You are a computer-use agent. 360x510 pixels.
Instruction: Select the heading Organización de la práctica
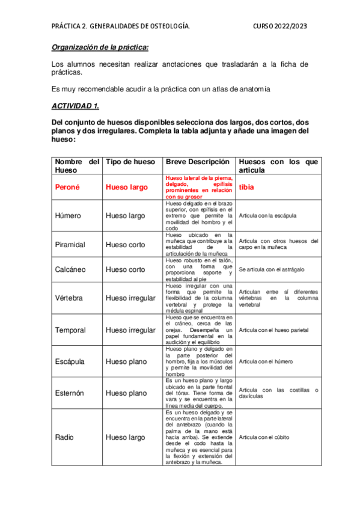(x=100, y=48)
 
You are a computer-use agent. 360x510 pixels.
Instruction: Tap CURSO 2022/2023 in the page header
(x=279, y=26)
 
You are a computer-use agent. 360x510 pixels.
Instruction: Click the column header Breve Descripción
(x=197, y=162)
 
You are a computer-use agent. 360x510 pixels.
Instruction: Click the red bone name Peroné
(x=67, y=187)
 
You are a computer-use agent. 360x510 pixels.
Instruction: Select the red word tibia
(x=246, y=187)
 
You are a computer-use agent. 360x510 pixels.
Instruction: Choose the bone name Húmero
(x=69, y=215)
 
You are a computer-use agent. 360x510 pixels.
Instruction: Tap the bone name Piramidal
(x=70, y=245)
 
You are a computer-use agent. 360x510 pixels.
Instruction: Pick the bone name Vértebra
(x=69, y=298)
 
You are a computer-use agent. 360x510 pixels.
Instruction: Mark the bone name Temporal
(x=70, y=330)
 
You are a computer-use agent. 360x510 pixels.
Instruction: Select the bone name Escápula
(x=70, y=362)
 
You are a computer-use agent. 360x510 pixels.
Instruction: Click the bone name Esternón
(x=70, y=393)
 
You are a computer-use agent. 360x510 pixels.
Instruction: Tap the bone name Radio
(x=64, y=437)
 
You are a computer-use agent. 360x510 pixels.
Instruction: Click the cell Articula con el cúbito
(x=265, y=437)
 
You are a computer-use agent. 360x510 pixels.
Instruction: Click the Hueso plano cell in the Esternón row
(x=126, y=393)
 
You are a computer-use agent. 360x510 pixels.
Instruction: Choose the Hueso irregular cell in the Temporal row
(x=130, y=330)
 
